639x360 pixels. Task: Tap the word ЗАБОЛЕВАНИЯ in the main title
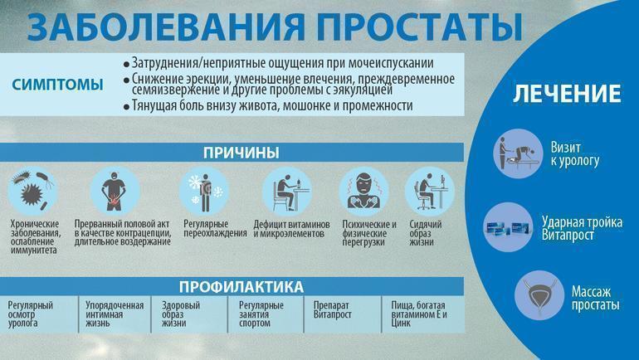tap(158, 27)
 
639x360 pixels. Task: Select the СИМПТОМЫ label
tap(58, 85)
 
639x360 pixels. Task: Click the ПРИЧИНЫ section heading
tap(241, 153)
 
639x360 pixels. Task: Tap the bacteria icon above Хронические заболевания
tap(33, 192)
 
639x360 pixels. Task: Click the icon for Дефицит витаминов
tap(287, 192)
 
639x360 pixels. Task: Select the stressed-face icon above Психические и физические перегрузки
tap(363, 192)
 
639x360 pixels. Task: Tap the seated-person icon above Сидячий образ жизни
tap(428, 192)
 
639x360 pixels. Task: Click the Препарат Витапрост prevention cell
tap(333, 310)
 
